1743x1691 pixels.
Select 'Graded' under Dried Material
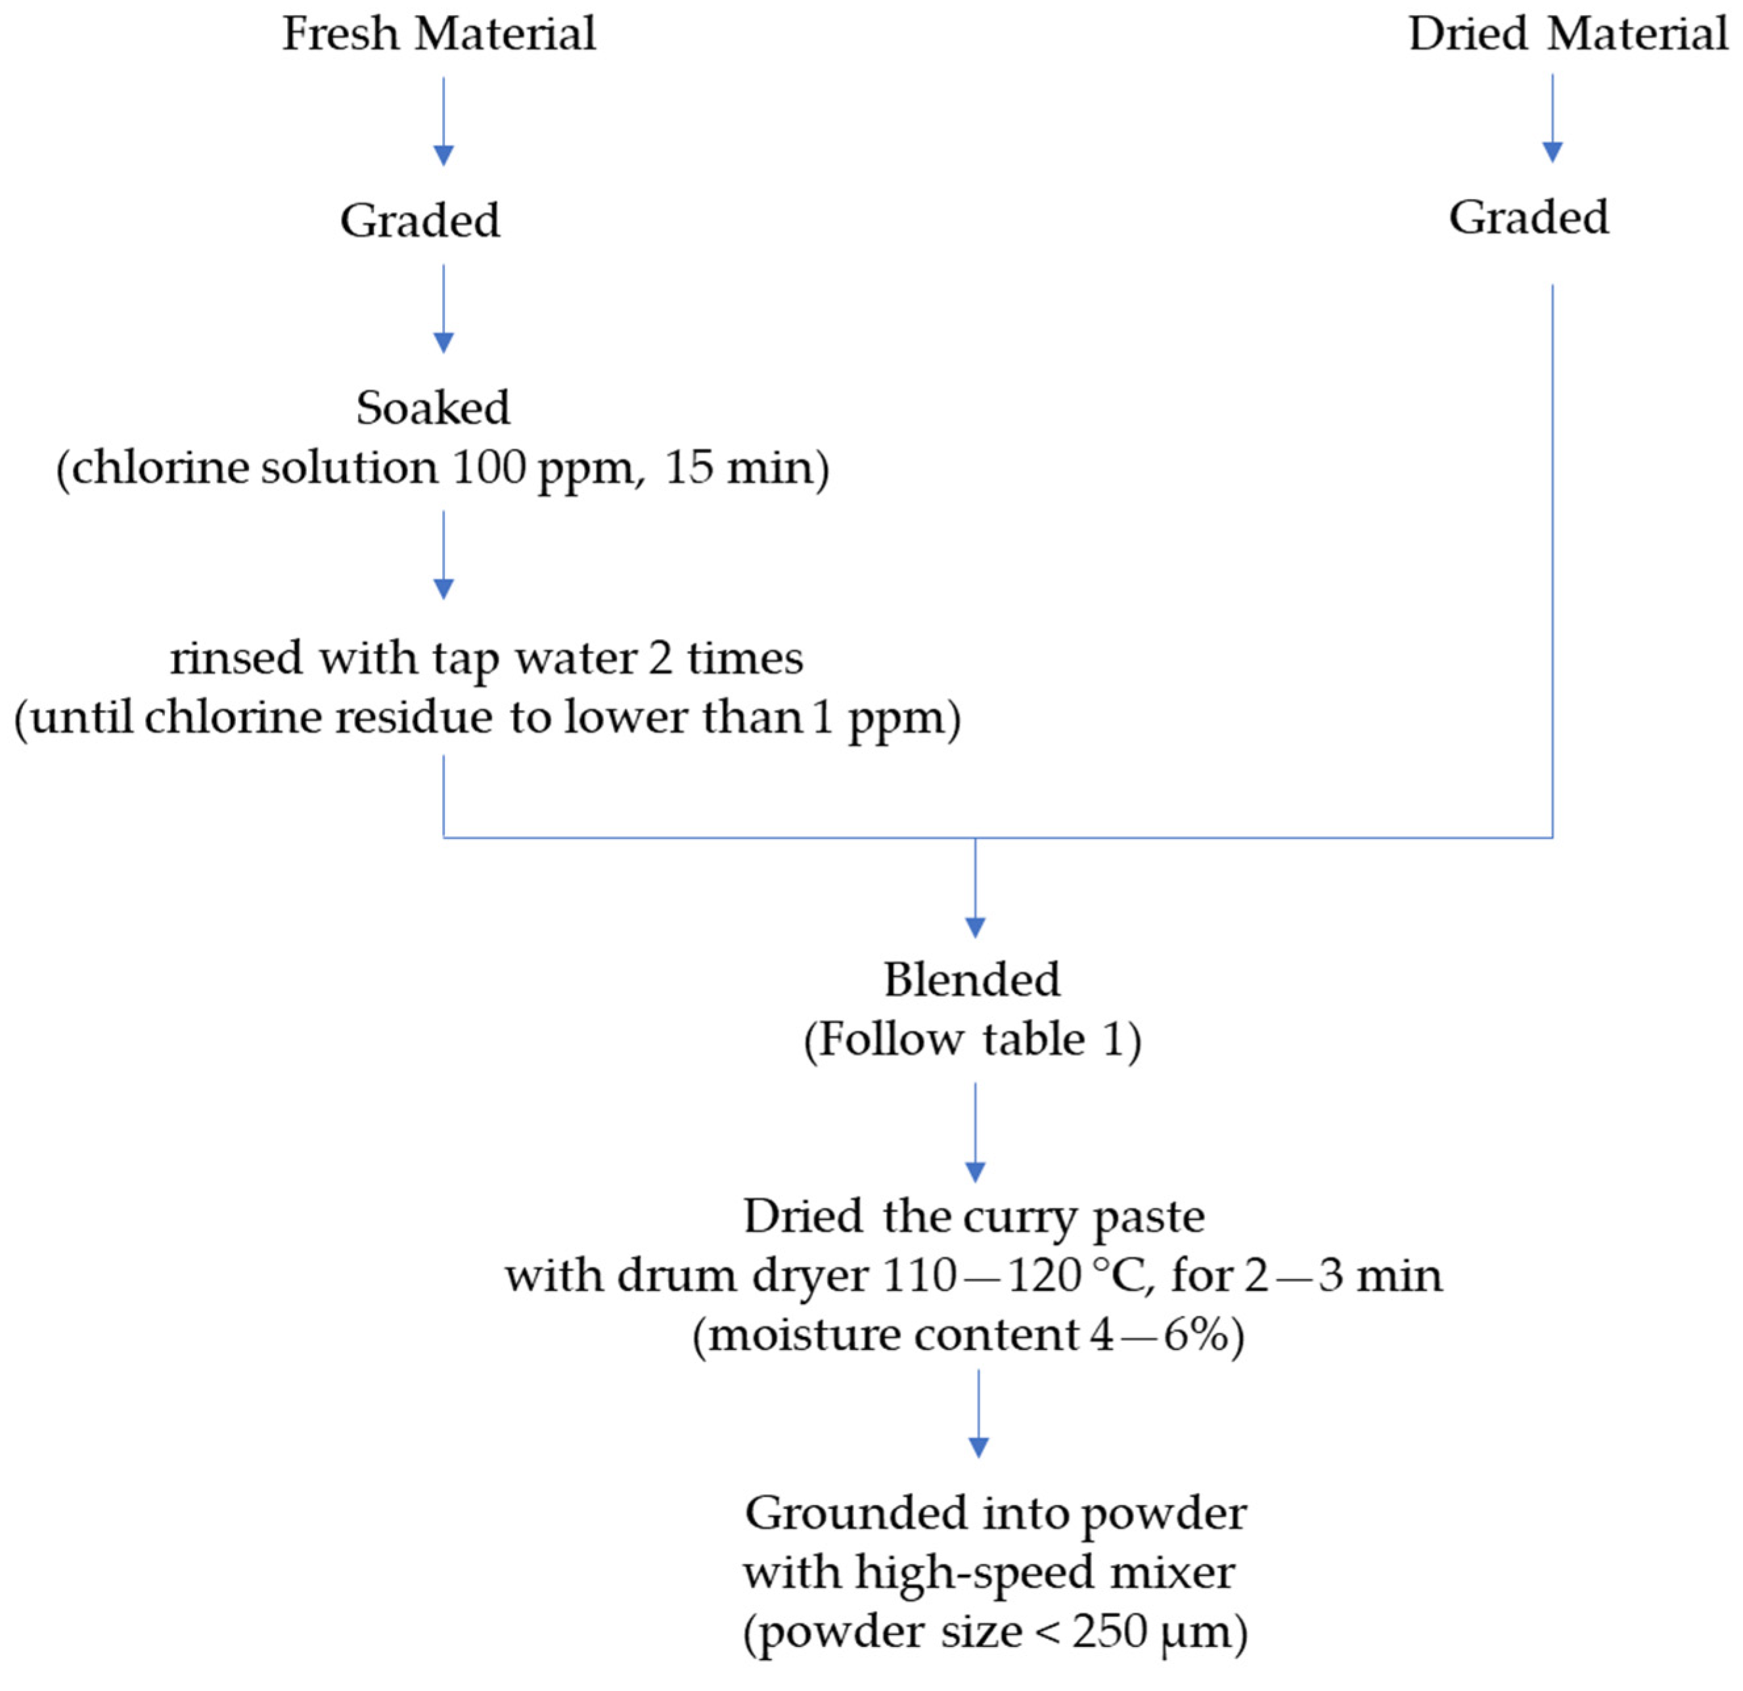click(1529, 217)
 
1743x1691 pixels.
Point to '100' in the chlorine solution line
click(488, 467)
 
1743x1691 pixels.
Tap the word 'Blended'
click(971, 980)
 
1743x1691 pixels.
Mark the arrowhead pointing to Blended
click(975, 927)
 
